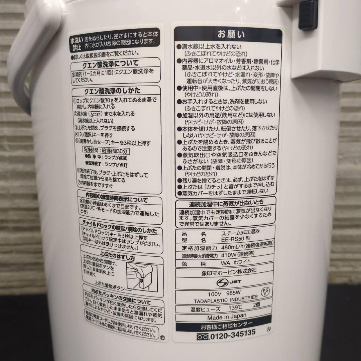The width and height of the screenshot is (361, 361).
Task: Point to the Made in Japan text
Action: click(x=226, y=316)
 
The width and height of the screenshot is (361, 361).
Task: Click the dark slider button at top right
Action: click(x=308, y=15)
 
